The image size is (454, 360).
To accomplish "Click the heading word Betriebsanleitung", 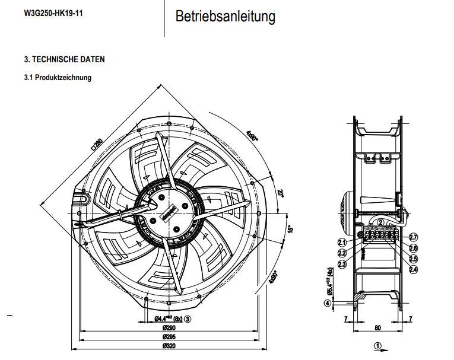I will tap(225, 17).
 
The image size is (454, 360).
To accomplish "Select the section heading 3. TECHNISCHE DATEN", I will tap(64, 60).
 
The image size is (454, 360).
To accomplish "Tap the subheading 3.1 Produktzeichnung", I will tap(58, 78).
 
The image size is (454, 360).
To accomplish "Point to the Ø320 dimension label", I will tap(171, 346).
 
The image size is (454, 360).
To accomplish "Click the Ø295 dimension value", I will tap(171, 336).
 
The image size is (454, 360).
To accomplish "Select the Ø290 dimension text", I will tap(171, 327).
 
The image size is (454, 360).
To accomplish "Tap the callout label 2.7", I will tap(414, 237).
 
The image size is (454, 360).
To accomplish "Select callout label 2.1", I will tap(342, 242).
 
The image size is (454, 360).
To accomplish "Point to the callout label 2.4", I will tap(413, 269).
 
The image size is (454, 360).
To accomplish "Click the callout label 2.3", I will tap(342, 264).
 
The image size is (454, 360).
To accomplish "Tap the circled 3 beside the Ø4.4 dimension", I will tap(188, 318).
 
